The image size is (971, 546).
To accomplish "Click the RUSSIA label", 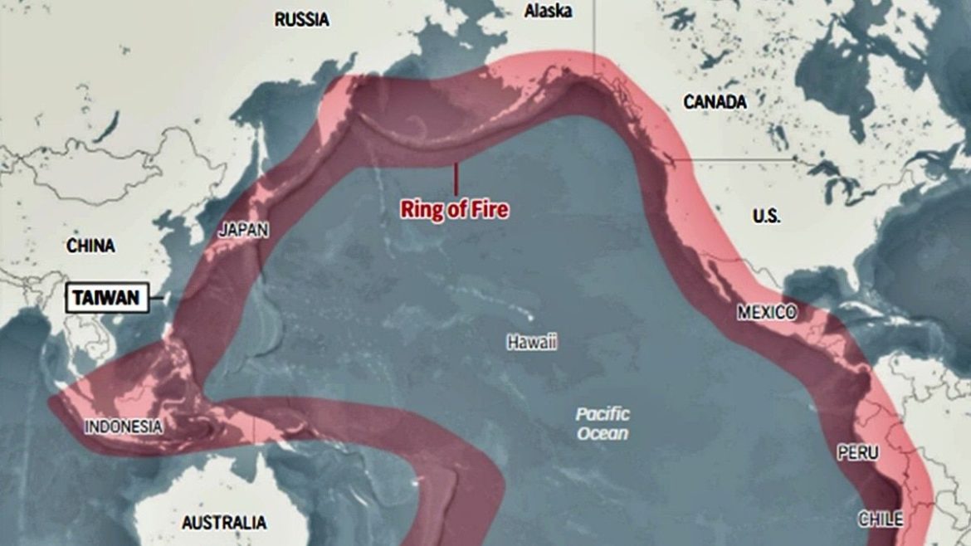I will coord(301,19).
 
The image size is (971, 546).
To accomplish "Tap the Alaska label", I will coord(548,11).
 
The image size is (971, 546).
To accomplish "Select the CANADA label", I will coord(715,102).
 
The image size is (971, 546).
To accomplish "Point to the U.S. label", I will coord(766,216).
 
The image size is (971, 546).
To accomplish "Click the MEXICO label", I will coord(766,313).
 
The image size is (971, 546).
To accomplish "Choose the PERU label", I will coord(856,454).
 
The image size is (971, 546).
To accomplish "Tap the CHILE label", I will coord(881,519).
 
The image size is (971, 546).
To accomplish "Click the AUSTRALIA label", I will coord(224,523).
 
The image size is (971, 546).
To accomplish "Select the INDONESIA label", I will coord(123,427).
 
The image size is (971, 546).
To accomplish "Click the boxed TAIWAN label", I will coord(106,298).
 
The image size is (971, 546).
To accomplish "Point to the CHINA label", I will coord(90,246).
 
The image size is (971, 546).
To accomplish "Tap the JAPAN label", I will coord(243,231).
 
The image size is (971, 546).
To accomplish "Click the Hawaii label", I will coord(532,342).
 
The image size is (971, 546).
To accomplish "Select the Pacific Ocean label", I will coord(603,423).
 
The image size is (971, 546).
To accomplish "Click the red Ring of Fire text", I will coord(455,210).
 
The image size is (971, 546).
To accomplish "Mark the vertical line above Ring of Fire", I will coord(455,178).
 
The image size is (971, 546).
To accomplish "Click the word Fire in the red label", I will coord(490,210).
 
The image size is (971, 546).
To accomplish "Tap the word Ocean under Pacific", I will coord(603,433).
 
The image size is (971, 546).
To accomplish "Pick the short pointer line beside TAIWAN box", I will coord(156,298).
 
